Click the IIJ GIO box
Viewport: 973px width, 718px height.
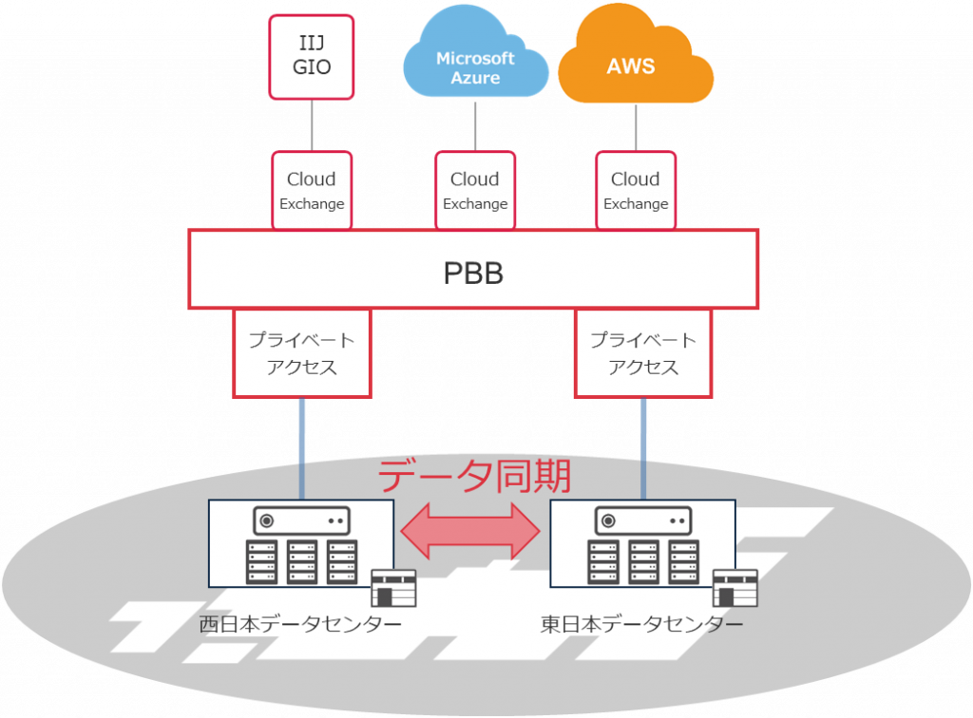point(312,56)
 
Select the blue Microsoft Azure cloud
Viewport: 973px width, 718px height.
point(475,66)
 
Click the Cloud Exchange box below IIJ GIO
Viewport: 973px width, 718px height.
point(312,190)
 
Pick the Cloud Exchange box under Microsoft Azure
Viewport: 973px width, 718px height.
point(474,190)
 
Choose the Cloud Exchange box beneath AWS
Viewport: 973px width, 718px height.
point(636,190)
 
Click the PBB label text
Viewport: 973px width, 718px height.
point(473,274)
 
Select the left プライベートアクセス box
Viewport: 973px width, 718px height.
point(301,353)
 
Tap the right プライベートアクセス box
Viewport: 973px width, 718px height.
point(643,353)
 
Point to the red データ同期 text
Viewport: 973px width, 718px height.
point(474,475)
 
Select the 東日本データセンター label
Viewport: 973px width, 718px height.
point(642,624)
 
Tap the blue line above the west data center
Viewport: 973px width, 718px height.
point(302,446)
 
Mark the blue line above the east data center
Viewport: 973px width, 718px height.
point(644,446)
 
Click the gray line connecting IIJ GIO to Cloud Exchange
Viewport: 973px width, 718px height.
point(312,123)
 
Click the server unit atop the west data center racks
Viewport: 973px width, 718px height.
point(300,520)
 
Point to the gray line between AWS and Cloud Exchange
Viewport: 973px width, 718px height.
point(636,125)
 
